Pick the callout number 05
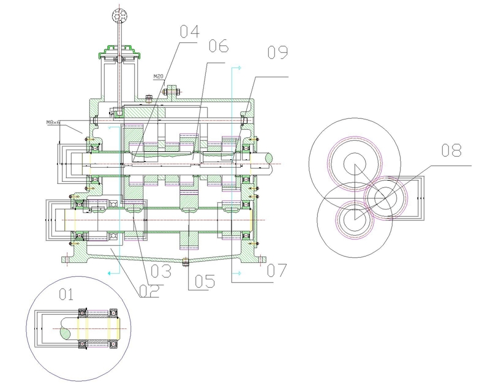200,281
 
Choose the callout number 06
218,47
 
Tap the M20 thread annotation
159,76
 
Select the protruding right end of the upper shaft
268,160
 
